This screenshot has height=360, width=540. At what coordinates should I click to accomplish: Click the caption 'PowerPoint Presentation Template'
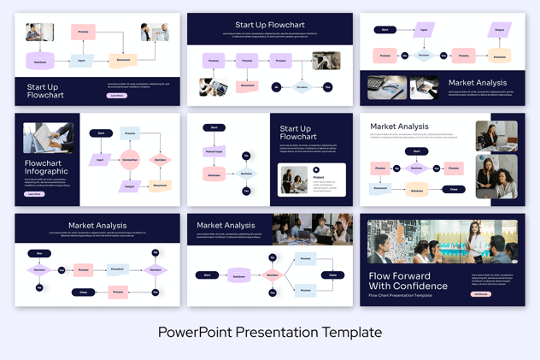pyautogui.click(x=269, y=332)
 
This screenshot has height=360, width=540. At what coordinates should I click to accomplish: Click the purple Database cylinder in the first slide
pyautogui.click(x=40, y=62)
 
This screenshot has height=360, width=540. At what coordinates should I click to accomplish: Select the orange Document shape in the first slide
pyautogui.click(x=123, y=61)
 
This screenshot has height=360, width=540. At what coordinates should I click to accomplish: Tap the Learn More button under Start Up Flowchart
pyautogui.click(x=117, y=96)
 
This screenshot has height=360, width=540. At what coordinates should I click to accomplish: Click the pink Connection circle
pyautogui.click(x=130, y=160)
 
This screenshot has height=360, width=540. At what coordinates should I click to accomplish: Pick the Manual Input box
pyautogui.click(x=214, y=151)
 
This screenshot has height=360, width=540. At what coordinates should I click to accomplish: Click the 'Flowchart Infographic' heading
pyautogui.click(x=46, y=167)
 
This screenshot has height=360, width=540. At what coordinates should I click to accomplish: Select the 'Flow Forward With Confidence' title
pyautogui.click(x=408, y=280)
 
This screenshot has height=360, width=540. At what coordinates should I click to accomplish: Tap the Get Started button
pyautogui.click(x=481, y=294)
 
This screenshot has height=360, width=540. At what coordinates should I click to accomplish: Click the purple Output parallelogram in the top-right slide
pyautogui.click(x=500, y=31)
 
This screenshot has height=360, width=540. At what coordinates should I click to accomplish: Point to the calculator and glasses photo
pyautogui.click(x=387, y=87)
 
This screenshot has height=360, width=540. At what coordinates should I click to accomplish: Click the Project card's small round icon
pyautogui.click(x=316, y=170)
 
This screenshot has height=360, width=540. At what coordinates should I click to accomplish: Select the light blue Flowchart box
pyautogui.click(x=117, y=269)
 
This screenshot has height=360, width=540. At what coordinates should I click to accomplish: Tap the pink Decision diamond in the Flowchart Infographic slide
pyautogui.click(x=160, y=160)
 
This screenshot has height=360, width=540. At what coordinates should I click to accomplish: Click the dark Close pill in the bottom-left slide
pyautogui.click(x=84, y=292)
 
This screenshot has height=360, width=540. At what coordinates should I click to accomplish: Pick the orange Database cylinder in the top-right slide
pyautogui.click(x=499, y=56)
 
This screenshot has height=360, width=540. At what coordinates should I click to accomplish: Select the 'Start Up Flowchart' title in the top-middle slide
pyautogui.click(x=269, y=25)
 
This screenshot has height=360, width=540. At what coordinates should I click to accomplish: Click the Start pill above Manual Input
pyautogui.click(x=214, y=127)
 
